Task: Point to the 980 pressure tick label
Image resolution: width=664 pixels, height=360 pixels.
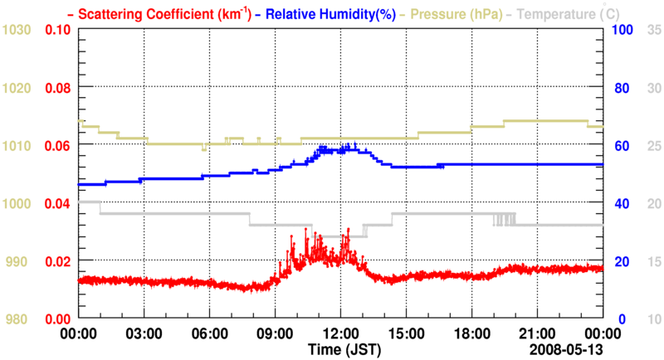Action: coord(18,319)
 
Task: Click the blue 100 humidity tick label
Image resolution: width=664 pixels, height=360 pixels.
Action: coord(623,30)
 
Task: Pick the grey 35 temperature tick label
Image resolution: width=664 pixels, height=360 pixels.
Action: coord(654,30)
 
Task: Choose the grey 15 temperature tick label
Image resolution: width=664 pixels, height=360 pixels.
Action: coord(654,261)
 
